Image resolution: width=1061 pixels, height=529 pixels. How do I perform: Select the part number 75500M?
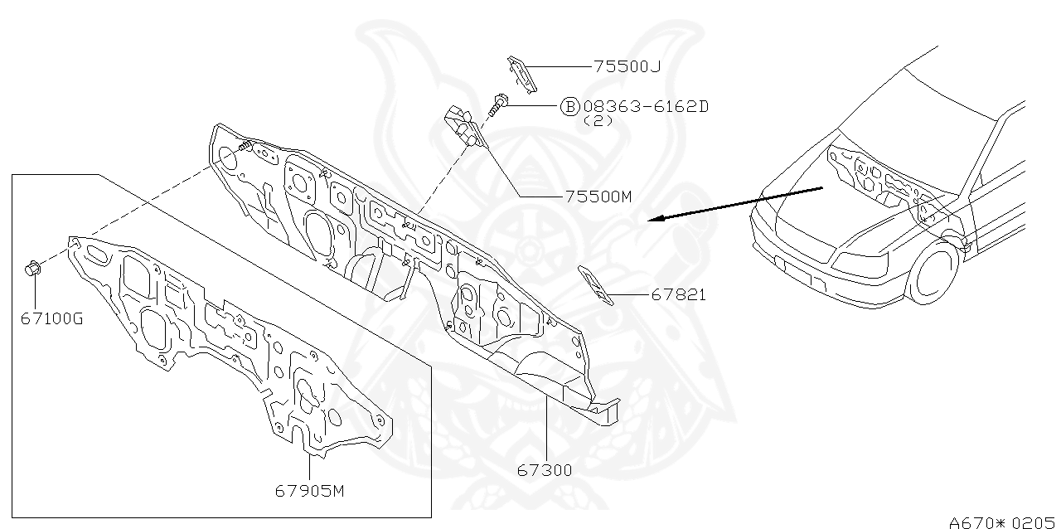(598, 197)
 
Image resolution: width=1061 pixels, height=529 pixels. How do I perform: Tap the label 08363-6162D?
(646, 106)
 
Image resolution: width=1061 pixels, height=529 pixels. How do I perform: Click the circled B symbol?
(570, 106)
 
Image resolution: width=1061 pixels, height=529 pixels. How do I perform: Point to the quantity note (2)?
(598, 120)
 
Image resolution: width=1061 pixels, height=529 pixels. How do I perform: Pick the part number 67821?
(678, 294)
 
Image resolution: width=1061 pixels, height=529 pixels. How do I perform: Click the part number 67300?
(545, 470)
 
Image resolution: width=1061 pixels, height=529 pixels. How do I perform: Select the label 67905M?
(309, 490)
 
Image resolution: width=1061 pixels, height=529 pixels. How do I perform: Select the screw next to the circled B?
(497, 105)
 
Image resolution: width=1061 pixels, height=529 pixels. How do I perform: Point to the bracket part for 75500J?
(521, 71)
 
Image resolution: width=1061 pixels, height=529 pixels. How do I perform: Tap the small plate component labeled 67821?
(596, 286)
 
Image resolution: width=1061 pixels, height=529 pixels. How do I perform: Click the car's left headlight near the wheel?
(862, 264)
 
